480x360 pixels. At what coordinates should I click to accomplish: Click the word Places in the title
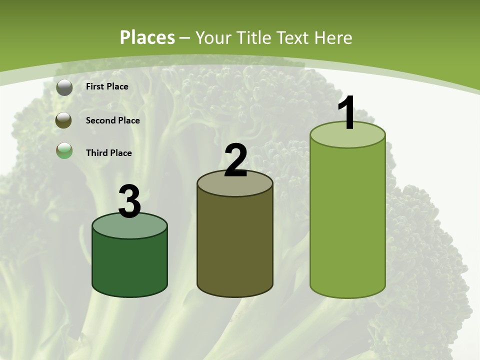tap(147, 37)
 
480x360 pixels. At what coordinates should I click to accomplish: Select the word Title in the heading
tap(254, 37)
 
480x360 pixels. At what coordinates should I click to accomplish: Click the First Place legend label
tap(107, 86)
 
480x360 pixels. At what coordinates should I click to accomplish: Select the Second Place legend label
tap(112, 120)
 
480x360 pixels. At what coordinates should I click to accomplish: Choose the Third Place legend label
tap(108, 153)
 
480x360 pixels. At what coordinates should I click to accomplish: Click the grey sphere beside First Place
tap(64, 87)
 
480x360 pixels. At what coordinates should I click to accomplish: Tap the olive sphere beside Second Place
tap(64, 120)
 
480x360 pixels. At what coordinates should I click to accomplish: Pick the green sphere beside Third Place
tap(64, 150)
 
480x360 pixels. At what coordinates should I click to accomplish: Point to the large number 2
tap(236, 160)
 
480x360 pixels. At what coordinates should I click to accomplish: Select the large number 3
tap(130, 202)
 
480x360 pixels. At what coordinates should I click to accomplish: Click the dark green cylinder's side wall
tap(129, 265)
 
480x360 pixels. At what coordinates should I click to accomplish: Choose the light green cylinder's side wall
tap(347, 220)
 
